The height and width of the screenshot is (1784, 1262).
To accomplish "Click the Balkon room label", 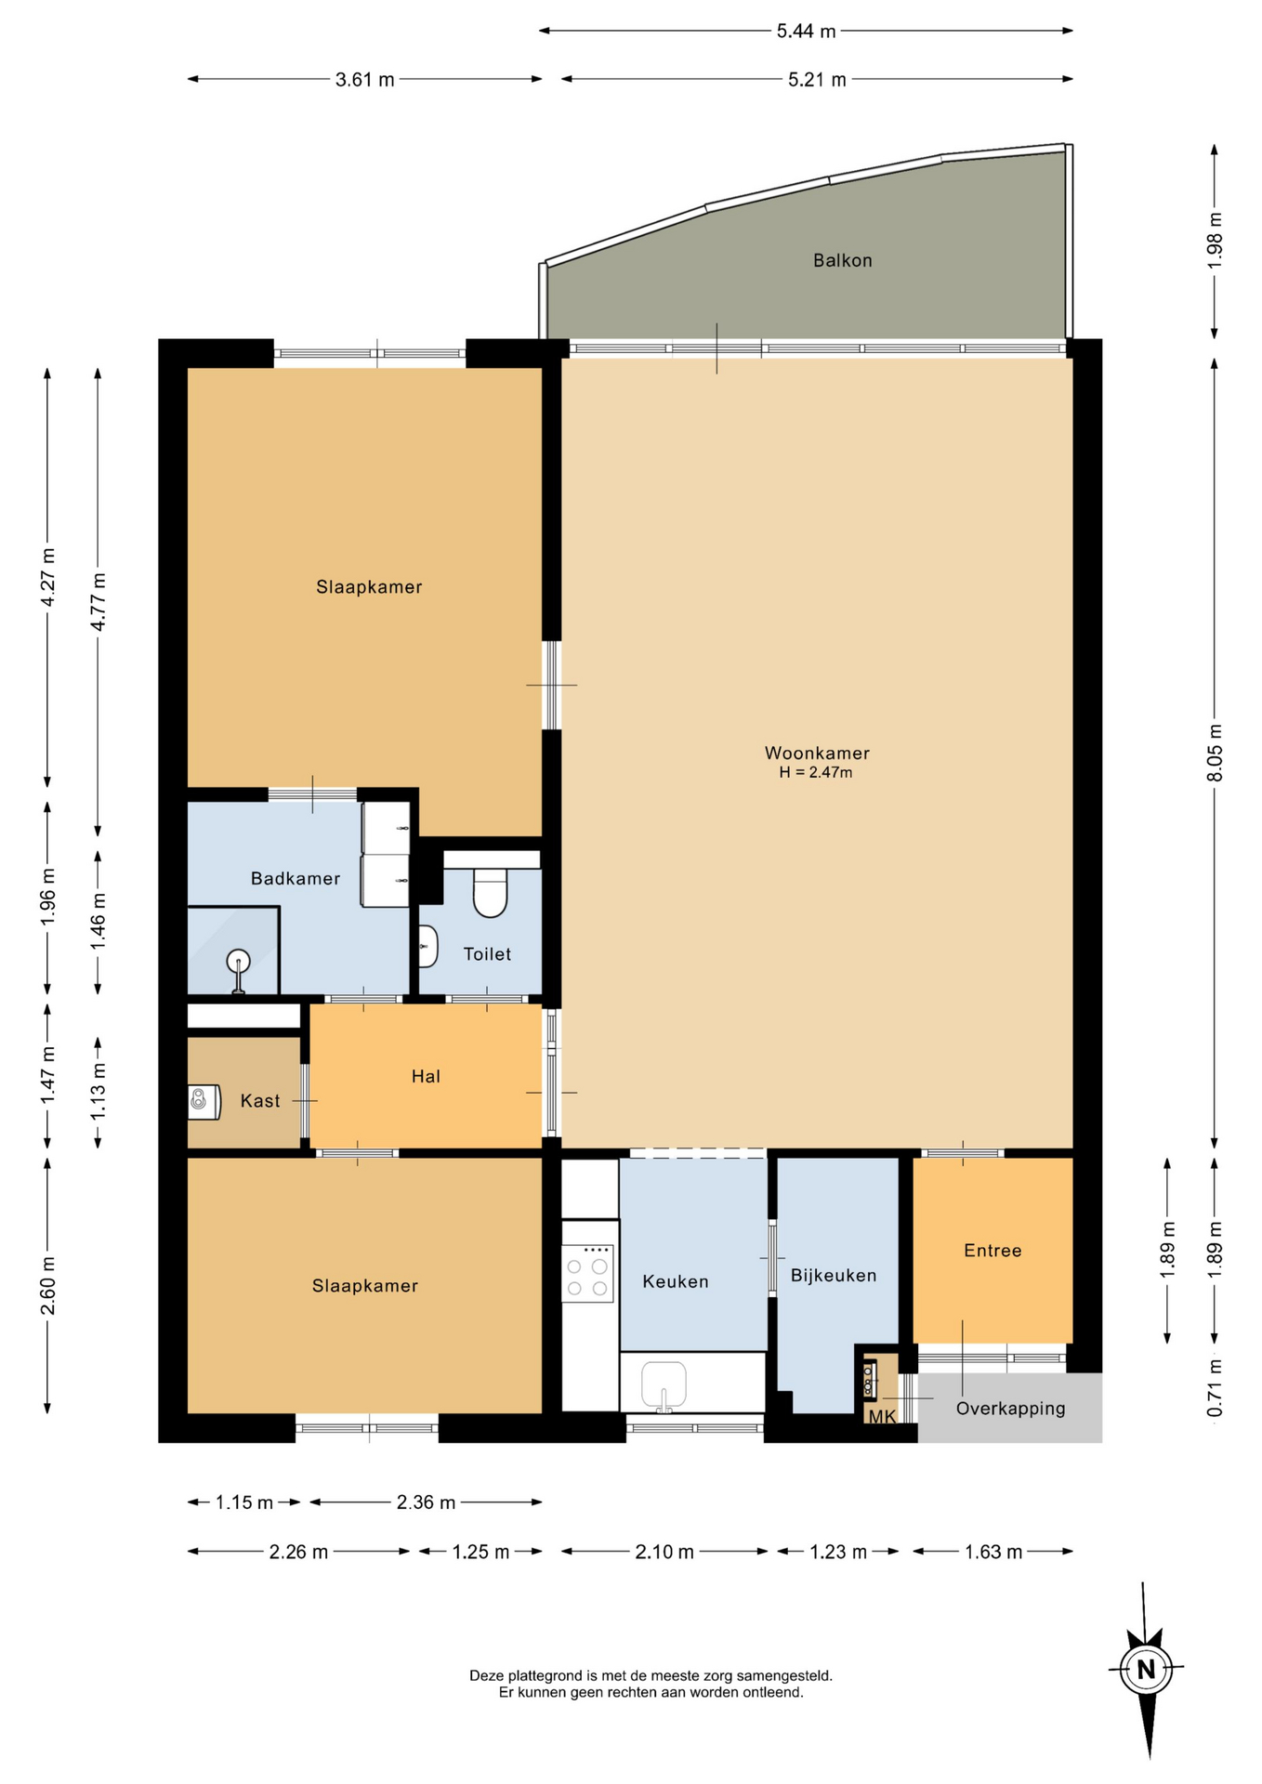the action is [x=842, y=260].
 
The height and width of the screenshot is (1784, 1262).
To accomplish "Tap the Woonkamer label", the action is [x=817, y=753].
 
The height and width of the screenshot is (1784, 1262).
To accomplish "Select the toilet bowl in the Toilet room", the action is [x=490, y=892].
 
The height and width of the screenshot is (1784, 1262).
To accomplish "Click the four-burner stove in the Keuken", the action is [x=587, y=1273].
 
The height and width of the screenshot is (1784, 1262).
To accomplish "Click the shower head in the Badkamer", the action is [x=239, y=961].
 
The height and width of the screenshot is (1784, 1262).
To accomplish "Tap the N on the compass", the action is [x=1146, y=1669].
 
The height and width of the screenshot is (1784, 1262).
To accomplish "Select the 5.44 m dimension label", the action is [x=806, y=31].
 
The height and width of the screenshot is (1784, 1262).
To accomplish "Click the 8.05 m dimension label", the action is [x=1215, y=753].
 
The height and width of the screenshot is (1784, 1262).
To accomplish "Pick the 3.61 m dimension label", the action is [x=364, y=80].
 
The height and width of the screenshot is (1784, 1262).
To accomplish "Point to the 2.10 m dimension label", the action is [x=664, y=1552].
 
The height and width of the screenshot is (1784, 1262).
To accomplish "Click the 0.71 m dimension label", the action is [x=1215, y=1388].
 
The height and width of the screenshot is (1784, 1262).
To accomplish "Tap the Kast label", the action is [x=260, y=1101].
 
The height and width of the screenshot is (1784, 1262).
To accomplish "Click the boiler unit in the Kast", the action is [x=204, y=1101].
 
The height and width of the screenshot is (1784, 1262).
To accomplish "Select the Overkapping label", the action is [x=1010, y=1409].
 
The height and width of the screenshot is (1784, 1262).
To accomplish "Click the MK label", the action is [x=882, y=1416].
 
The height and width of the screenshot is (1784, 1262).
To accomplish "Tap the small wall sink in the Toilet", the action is [x=427, y=947].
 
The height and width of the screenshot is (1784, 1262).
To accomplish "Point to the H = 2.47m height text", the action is [x=816, y=772].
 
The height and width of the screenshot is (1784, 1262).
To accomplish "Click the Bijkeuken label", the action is [x=834, y=1276].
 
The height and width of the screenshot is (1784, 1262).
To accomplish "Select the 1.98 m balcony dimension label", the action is [x=1215, y=242].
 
